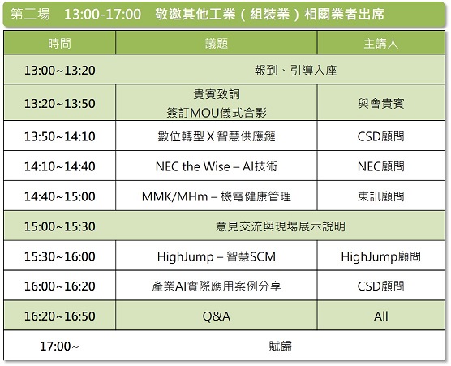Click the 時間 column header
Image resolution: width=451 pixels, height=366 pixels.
click(x=59, y=44)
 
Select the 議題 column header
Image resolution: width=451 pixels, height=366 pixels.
click(x=217, y=44)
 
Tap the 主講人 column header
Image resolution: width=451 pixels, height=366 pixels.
click(x=380, y=44)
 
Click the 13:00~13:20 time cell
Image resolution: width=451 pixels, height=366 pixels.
click(x=59, y=71)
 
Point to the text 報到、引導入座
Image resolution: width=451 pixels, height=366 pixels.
click(x=296, y=71)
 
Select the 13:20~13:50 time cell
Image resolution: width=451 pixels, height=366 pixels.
click(x=59, y=104)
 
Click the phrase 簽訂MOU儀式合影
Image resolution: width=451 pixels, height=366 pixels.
click(x=217, y=113)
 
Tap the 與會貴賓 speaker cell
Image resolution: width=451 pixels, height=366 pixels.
click(x=380, y=104)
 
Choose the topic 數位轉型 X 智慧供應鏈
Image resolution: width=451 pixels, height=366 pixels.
click(x=217, y=136)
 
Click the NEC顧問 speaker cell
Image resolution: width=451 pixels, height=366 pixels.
click(x=380, y=166)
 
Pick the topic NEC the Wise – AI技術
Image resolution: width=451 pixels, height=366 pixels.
click(x=217, y=166)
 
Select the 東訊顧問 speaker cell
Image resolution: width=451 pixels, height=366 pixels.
click(x=380, y=196)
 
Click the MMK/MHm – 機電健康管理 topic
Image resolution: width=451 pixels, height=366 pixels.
click(x=217, y=196)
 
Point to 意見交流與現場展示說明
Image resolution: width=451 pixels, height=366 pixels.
click(x=281, y=226)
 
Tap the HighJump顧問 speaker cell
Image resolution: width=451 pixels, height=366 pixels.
click(x=380, y=256)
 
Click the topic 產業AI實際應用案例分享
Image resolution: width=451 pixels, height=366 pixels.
click(x=217, y=286)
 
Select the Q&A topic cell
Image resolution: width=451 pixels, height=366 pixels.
click(x=217, y=316)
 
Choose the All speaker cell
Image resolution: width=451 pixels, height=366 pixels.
click(x=380, y=316)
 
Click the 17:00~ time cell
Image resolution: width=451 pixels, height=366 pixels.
click(x=59, y=347)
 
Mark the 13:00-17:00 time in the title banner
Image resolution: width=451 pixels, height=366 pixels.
click(x=103, y=15)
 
